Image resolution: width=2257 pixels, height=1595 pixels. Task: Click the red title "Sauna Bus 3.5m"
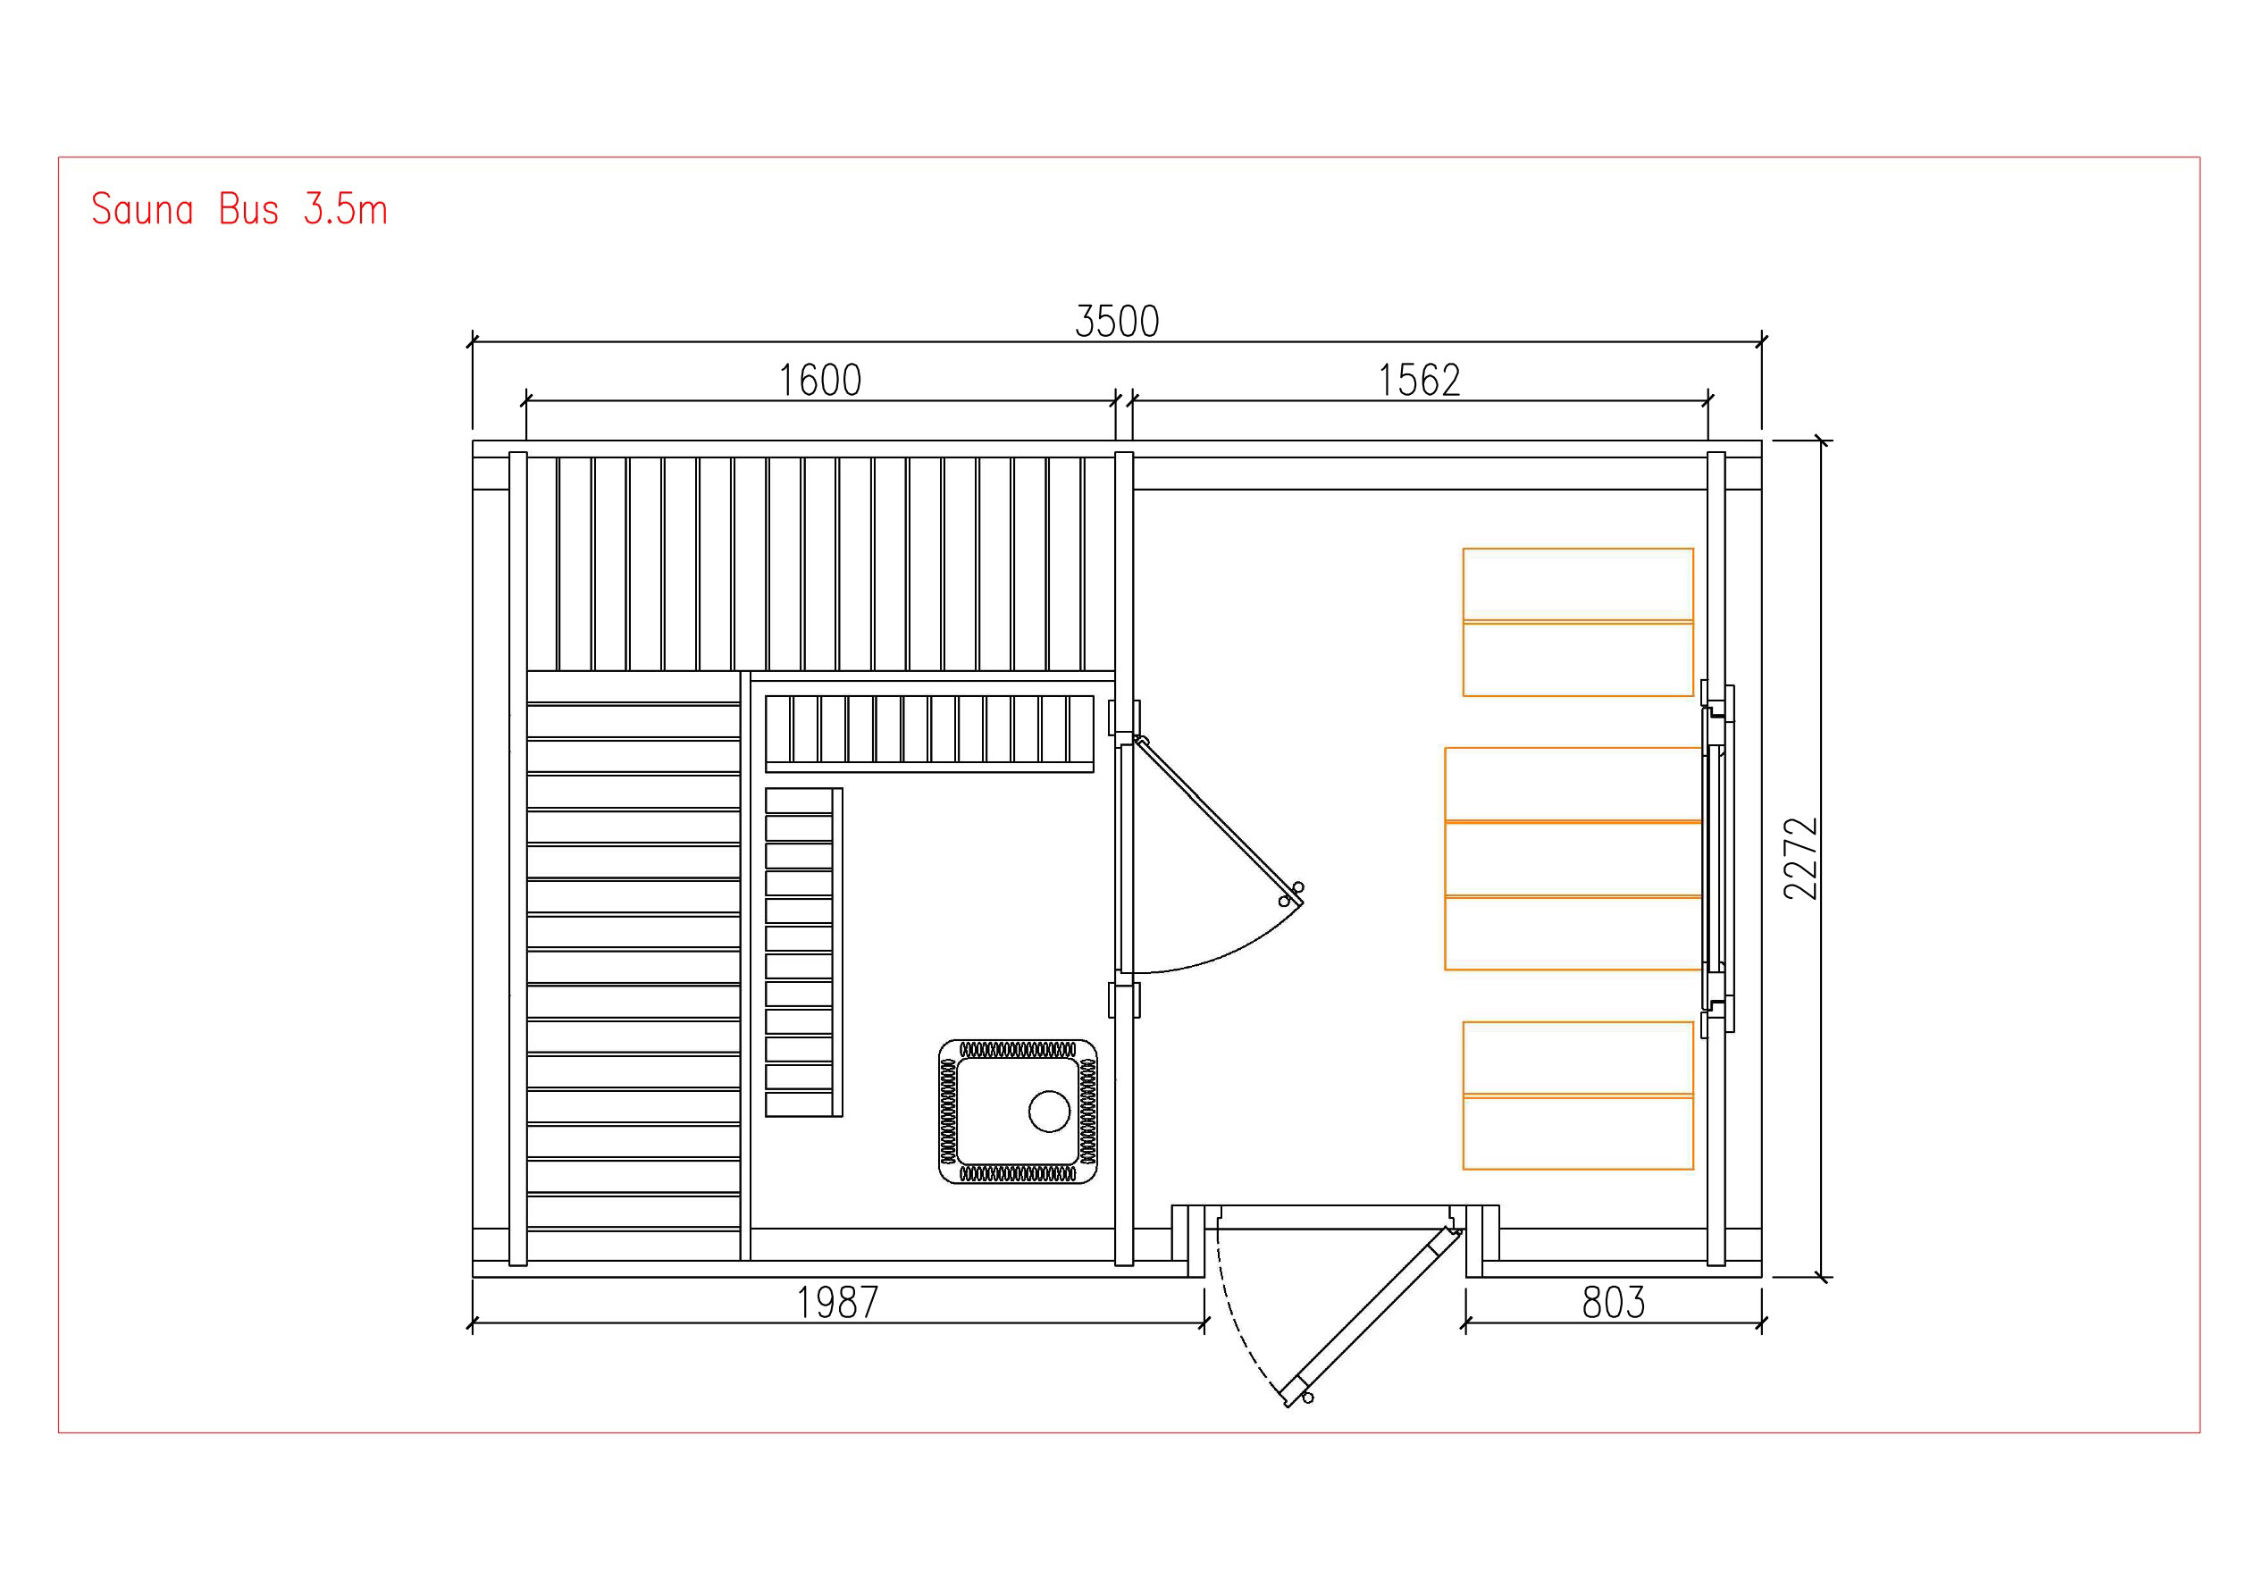pyautogui.click(x=239, y=209)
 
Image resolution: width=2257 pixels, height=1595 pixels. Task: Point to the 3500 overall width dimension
pyautogui.click(x=1117, y=322)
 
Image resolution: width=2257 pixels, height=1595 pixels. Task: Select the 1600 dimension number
pyautogui.click(x=820, y=381)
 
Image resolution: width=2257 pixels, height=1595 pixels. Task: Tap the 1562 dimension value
pyautogui.click(x=1419, y=381)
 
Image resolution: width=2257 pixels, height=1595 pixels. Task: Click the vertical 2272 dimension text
pyautogui.click(x=1801, y=859)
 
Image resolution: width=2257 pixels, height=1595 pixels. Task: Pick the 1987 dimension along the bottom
pyautogui.click(x=837, y=1303)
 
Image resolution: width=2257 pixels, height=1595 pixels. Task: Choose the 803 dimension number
pyautogui.click(x=1613, y=1303)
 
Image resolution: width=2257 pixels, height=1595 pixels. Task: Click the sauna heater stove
pyautogui.click(x=1018, y=1112)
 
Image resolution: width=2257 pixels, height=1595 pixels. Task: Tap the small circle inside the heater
pyautogui.click(x=1049, y=1112)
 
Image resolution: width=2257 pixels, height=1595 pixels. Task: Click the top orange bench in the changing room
pyautogui.click(x=1578, y=623)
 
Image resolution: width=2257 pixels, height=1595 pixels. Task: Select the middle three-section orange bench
pyautogui.click(x=1573, y=859)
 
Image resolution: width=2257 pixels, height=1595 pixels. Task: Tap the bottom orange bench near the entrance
pyautogui.click(x=1578, y=1096)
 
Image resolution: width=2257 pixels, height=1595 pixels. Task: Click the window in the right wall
pyautogui.click(x=1717, y=859)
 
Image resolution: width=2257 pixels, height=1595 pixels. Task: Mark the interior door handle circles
pyautogui.click(x=1291, y=894)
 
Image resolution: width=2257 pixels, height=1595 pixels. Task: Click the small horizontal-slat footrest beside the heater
pyautogui.click(x=804, y=952)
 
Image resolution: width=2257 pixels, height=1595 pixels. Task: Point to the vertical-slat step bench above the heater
pyautogui.click(x=930, y=734)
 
